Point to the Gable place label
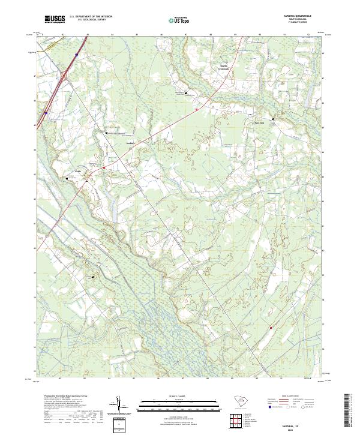(77, 169)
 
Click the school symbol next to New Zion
(273, 120)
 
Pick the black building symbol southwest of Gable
(67, 178)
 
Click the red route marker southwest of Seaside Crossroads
(196, 109)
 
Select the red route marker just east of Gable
(104, 167)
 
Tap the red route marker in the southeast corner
(271, 328)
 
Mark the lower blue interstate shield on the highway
(46, 112)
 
